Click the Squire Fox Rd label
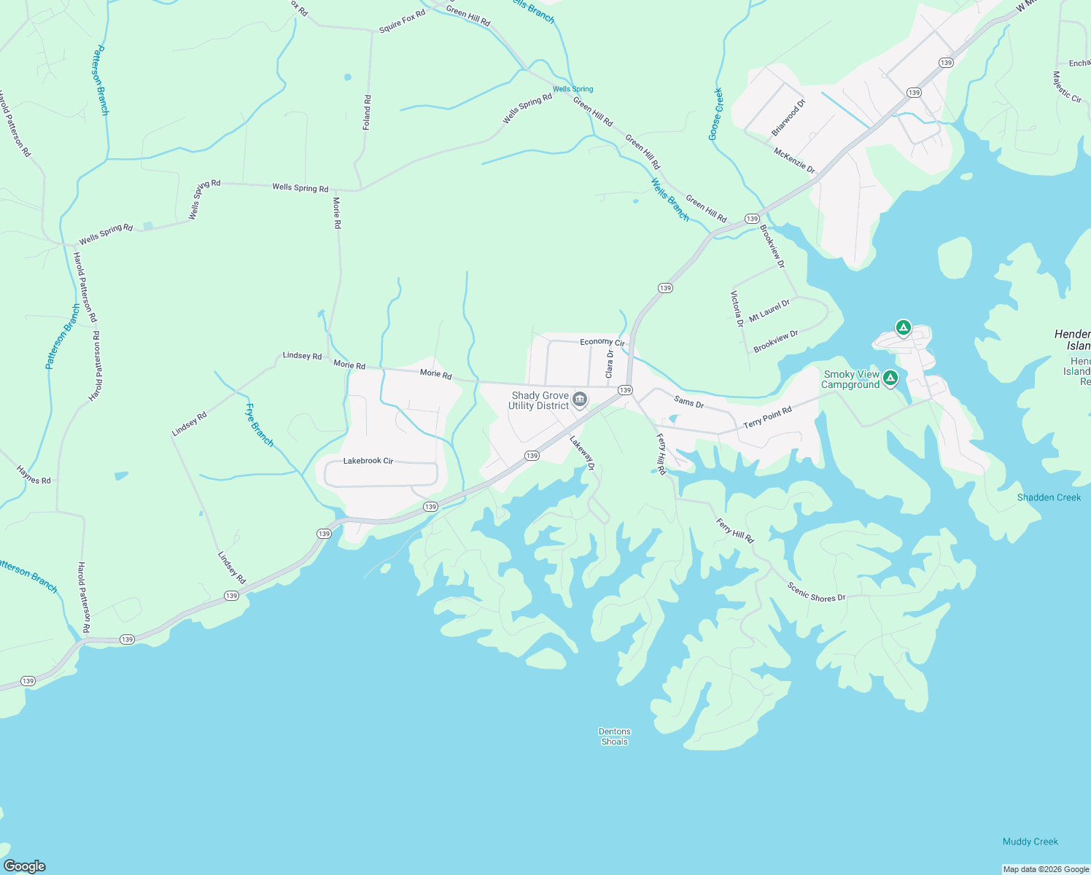402,21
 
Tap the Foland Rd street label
368,112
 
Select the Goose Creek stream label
715,114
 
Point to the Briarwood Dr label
788,117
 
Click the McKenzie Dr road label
794,160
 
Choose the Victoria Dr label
737,308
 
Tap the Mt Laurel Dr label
769,310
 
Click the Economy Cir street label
602,342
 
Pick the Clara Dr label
610,362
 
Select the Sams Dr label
689,402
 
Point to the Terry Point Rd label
767,418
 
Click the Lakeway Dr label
583,452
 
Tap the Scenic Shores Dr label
816,592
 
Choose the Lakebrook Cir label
368,461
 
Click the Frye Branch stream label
260,425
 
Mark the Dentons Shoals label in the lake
615,736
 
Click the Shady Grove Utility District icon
580,399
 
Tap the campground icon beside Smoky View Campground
890,378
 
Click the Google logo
24,866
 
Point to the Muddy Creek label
1030,841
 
